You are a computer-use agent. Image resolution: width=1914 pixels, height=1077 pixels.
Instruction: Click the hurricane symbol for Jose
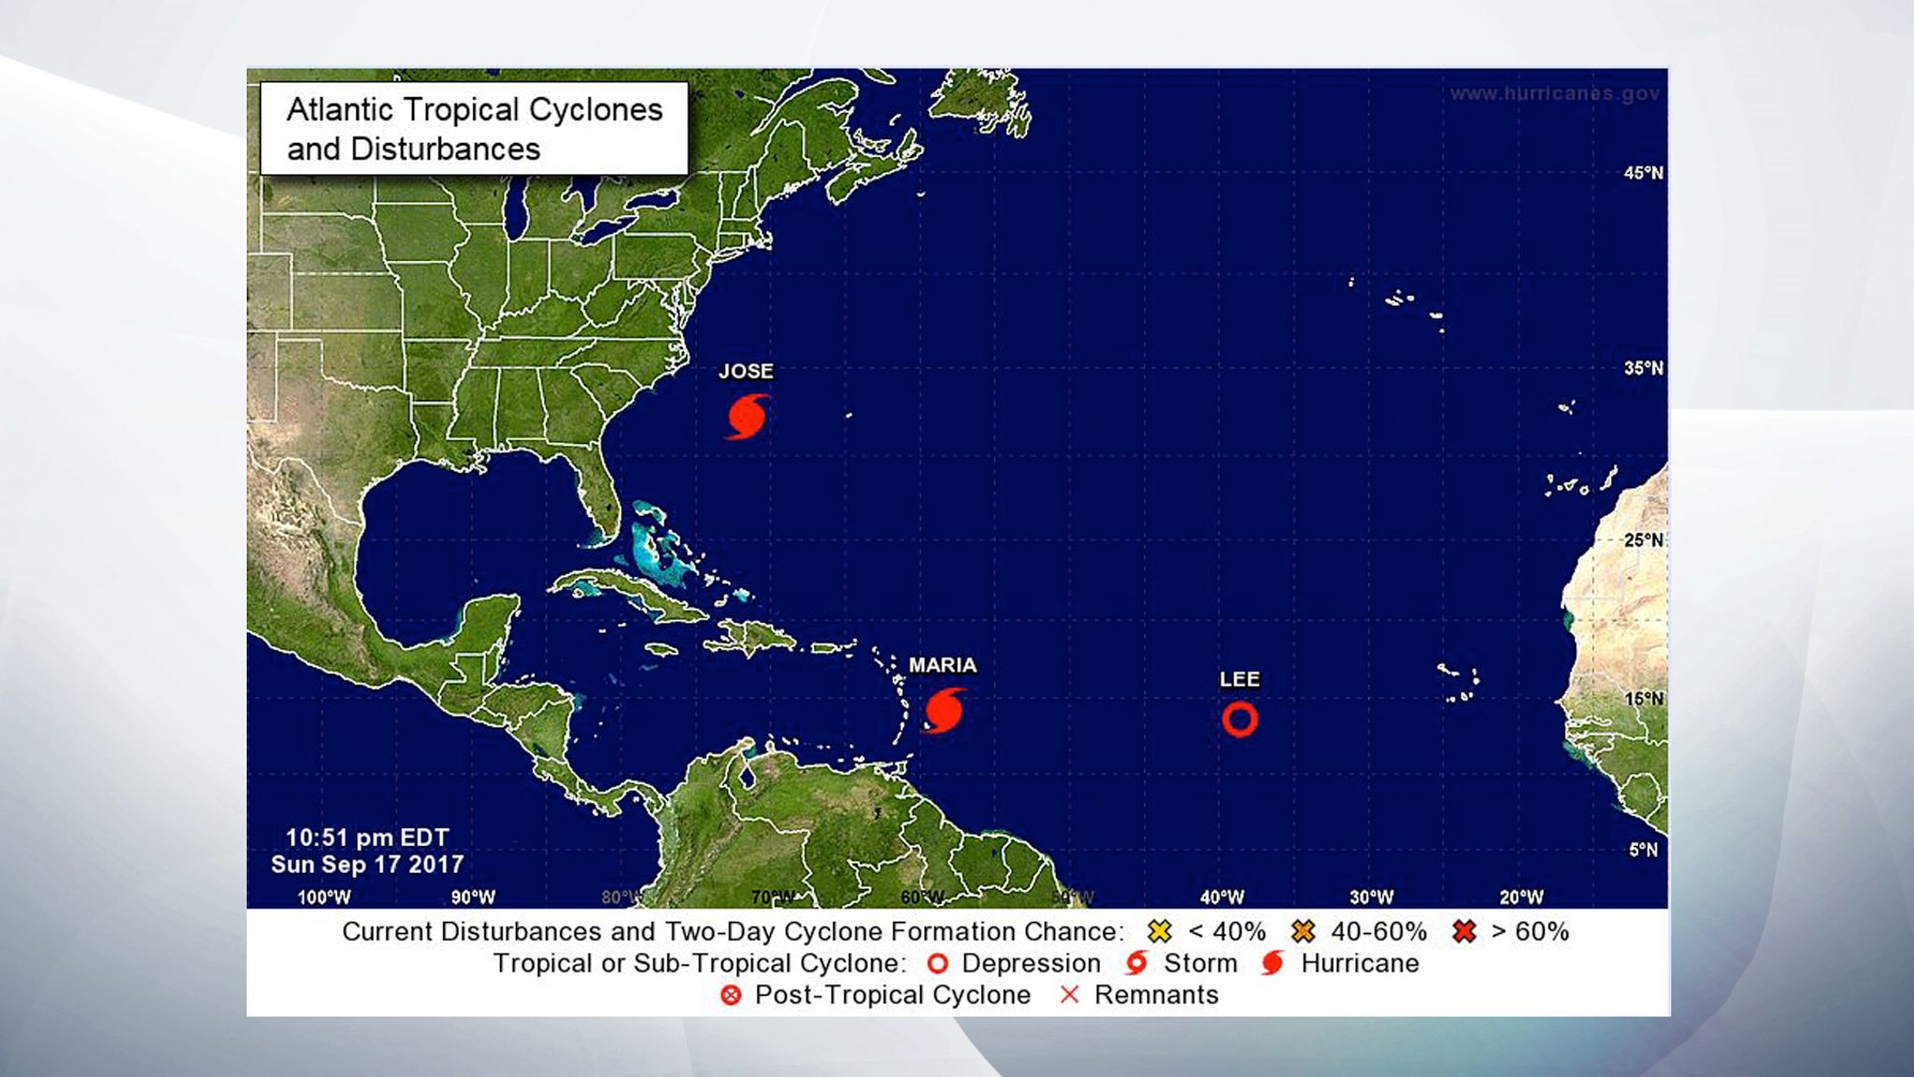(x=748, y=416)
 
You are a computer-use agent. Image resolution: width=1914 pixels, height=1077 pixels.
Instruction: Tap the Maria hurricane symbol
(x=944, y=711)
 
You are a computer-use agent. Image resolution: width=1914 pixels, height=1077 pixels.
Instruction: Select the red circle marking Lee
(x=1239, y=719)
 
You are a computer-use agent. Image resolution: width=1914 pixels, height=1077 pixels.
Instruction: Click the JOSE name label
(x=746, y=371)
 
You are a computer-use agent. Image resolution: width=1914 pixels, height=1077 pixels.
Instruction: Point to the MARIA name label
(x=942, y=665)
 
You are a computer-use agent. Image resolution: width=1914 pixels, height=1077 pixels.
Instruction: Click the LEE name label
(x=1239, y=680)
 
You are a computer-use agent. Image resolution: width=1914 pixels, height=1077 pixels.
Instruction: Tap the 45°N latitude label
(x=1643, y=173)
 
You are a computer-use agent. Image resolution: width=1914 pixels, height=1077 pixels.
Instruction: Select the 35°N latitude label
(x=1643, y=368)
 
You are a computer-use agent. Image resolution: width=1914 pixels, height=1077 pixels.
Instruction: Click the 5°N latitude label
(x=1643, y=850)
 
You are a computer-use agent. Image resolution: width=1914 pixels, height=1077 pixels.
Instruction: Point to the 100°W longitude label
(x=323, y=897)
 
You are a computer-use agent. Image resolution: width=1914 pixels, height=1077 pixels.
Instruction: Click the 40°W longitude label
(x=1221, y=897)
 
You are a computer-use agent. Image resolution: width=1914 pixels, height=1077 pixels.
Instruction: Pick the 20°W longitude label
(x=1521, y=897)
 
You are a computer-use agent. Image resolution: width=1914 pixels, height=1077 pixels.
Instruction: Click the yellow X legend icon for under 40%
(x=1159, y=931)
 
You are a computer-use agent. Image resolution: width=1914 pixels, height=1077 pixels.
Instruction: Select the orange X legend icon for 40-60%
(x=1303, y=931)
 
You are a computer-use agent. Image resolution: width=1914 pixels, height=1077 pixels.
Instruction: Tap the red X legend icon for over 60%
(x=1464, y=931)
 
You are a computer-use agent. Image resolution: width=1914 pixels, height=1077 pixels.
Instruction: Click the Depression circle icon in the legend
(x=937, y=963)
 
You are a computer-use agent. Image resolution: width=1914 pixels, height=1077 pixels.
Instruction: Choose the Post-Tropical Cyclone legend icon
(x=731, y=995)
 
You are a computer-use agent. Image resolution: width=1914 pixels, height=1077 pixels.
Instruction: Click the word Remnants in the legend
(x=1156, y=995)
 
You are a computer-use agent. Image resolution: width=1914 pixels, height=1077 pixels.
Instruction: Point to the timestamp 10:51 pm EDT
(x=367, y=838)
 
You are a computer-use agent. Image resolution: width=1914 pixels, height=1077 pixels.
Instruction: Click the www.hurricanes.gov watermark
(x=1554, y=93)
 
